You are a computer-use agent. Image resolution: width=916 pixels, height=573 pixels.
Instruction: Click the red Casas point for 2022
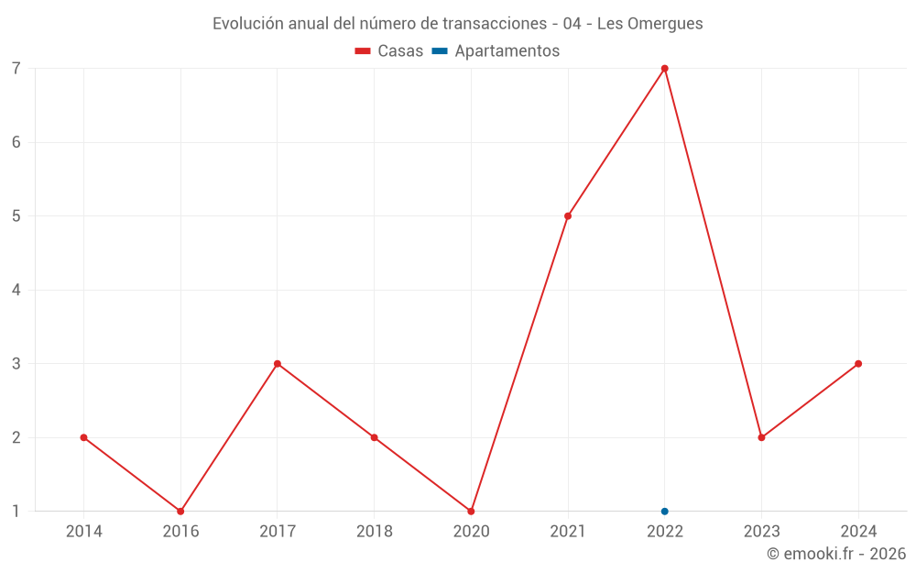pyautogui.click(x=665, y=69)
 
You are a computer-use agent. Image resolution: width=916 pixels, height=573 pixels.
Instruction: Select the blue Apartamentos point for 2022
pyautogui.click(x=665, y=512)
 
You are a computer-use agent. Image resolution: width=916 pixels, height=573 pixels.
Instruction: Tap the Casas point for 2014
pyautogui.click(x=84, y=437)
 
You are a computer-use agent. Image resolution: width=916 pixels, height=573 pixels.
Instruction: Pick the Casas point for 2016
pyautogui.click(x=180, y=512)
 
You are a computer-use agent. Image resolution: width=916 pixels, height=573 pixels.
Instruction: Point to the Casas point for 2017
pyautogui.click(x=278, y=364)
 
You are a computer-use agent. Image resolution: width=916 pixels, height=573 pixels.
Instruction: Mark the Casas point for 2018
pyautogui.click(x=375, y=437)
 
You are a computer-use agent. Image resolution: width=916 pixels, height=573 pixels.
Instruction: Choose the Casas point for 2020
pyautogui.click(x=471, y=512)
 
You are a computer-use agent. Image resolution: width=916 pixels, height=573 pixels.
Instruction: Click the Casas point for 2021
pyautogui.click(x=568, y=216)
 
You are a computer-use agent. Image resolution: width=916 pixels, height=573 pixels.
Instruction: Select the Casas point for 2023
pyautogui.click(x=761, y=437)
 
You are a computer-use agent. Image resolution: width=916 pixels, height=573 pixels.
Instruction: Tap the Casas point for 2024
pyautogui.click(x=858, y=364)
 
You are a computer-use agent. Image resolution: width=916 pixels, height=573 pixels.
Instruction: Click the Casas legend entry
pyautogui.click(x=389, y=51)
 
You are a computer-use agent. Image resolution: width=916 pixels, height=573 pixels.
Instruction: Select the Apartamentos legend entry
pyautogui.click(x=496, y=51)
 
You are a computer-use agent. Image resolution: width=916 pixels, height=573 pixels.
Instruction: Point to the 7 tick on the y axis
pyautogui.click(x=16, y=69)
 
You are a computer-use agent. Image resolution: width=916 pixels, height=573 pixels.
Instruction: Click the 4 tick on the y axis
pyautogui.click(x=16, y=290)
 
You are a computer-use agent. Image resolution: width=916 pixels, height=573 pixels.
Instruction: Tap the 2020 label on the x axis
pyautogui.click(x=471, y=532)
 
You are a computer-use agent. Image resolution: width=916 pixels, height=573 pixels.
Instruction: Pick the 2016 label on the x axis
pyautogui.click(x=180, y=532)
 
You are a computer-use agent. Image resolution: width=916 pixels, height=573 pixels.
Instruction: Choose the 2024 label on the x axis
pyautogui.click(x=858, y=532)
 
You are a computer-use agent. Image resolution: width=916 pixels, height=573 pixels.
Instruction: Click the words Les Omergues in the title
pyautogui.click(x=650, y=24)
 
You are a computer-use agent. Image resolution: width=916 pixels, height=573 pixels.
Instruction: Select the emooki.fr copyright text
pyautogui.click(x=836, y=554)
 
